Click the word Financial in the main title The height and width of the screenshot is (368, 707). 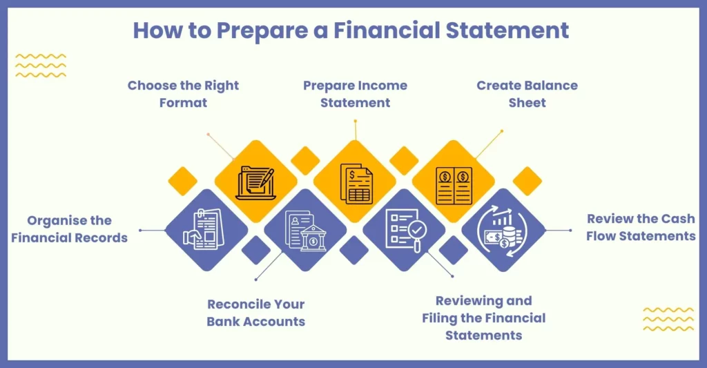tap(387, 30)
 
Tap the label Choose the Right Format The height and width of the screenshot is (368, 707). tap(183, 94)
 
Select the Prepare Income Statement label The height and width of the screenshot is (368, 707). tap(356, 94)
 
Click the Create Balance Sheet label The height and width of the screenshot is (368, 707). tap(527, 94)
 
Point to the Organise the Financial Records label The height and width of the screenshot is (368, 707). tap(70, 229)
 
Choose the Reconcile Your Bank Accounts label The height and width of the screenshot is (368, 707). tap(256, 313)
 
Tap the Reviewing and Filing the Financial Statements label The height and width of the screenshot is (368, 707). tap(484, 318)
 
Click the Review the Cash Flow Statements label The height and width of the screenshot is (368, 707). tap(641, 227)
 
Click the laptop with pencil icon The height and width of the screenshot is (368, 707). tap(255, 183)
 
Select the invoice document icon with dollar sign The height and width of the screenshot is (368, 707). tap(356, 184)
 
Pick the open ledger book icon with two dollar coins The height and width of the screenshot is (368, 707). tap(454, 186)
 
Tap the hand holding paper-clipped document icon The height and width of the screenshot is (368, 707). tap(204, 229)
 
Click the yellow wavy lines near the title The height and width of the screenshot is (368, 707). tap(41, 66)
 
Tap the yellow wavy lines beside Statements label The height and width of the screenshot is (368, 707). tap(668, 319)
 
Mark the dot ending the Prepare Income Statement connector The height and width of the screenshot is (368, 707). tap(356, 121)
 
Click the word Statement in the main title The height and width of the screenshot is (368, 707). tap(507, 30)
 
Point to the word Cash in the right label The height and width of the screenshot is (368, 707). tap(678, 219)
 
